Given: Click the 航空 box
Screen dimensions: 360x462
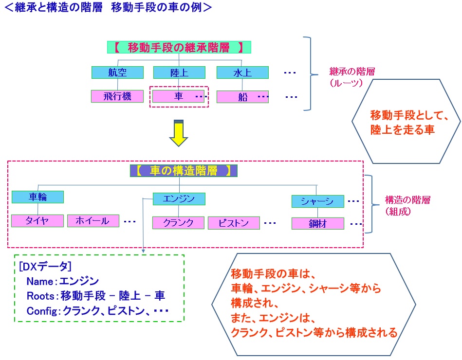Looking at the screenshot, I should tap(117, 72).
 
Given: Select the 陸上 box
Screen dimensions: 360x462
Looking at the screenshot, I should tap(179, 72).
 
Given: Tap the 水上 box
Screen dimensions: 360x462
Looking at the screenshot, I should tap(242, 72).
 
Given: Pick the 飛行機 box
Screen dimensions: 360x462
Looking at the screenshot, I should tap(117, 96).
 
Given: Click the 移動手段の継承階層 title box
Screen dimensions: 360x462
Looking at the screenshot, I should tap(179, 48).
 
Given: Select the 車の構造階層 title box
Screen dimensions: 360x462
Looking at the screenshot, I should tap(184, 171).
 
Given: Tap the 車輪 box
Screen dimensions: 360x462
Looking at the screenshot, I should tap(37, 197).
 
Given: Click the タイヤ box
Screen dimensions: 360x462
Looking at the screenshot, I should tap(37, 220).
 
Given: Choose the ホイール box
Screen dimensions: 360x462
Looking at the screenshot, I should tap(93, 220).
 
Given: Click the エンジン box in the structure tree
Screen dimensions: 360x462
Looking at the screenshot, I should tap(179, 198).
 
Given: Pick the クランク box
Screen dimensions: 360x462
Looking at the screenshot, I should tap(178, 223).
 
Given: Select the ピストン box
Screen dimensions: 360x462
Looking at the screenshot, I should tap(234, 223).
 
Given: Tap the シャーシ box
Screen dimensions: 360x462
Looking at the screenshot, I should tap(317, 201).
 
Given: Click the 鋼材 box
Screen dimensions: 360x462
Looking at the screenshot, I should tap(317, 223).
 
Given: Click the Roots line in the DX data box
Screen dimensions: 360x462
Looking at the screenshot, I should tap(95, 295).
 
